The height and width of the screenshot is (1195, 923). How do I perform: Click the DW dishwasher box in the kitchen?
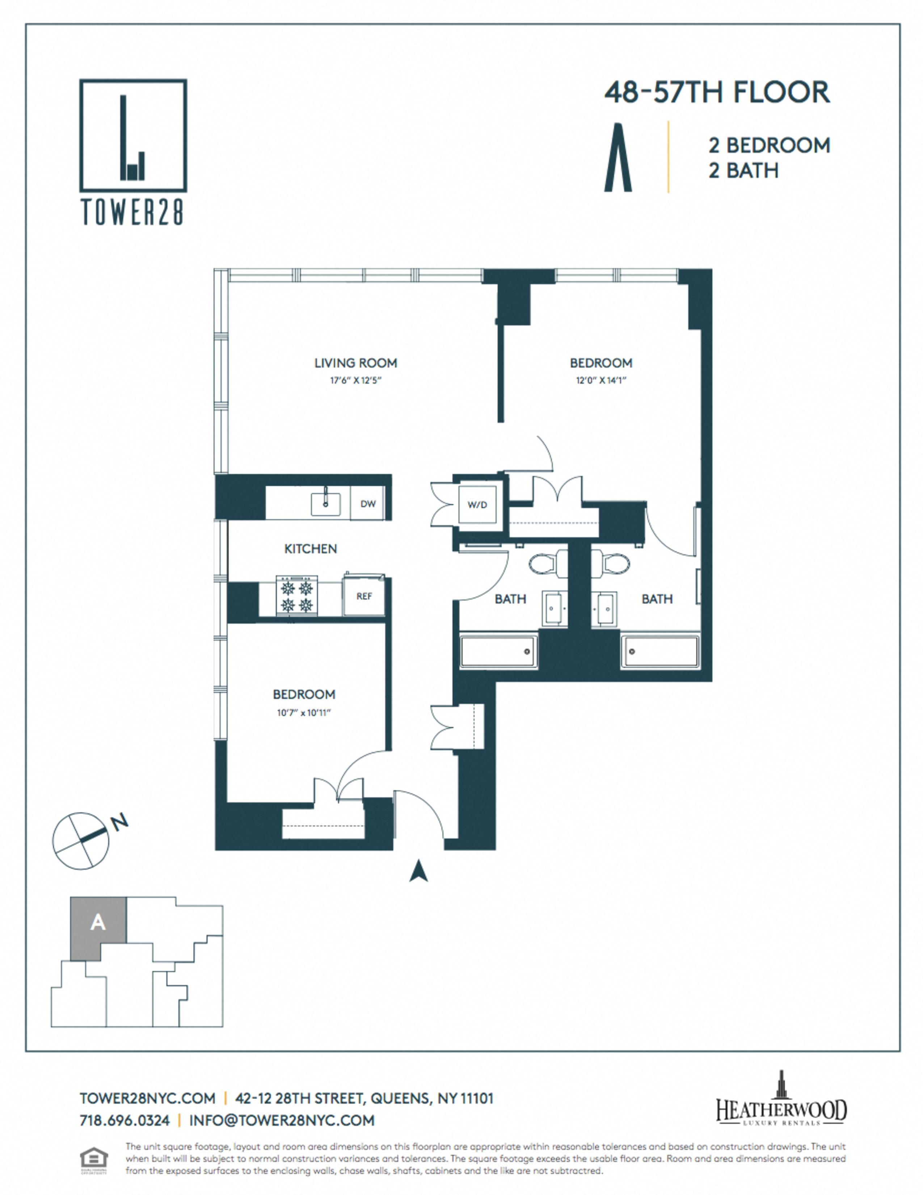click(x=368, y=503)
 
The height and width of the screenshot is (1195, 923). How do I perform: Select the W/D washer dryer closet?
click(x=477, y=504)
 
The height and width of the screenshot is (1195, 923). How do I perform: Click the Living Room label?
click(x=355, y=363)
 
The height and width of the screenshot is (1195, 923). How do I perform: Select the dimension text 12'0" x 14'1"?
click(x=600, y=380)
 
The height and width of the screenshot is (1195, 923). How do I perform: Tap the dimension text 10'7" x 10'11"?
click(x=304, y=712)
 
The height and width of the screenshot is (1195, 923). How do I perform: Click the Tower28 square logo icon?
click(x=133, y=136)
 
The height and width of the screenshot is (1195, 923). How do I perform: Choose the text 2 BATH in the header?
click(x=744, y=171)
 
